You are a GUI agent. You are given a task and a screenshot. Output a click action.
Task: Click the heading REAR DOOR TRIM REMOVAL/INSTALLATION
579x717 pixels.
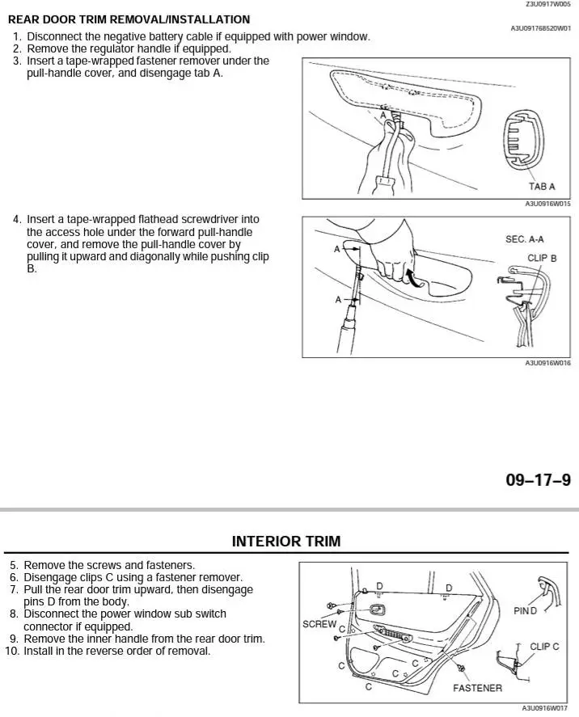pyautogui.click(x=129, y=19)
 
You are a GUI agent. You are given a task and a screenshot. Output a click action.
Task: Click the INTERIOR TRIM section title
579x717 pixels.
pyautogui.click(x=286, y=542)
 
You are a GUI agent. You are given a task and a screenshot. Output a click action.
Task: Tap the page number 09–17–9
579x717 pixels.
pyautogui.click(x=538, y=480)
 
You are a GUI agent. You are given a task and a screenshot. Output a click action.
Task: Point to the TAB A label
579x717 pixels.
pyautogui.click(x=542, y=187)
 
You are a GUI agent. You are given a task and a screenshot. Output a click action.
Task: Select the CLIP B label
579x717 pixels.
pyautogui.click(x=542, y=258)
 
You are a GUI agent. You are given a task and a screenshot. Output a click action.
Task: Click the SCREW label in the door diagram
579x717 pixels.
pyautogui.click(x=319, y=624)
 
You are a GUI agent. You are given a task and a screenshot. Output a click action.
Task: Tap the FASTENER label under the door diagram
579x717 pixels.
pyautogui.click(x=477, y=688)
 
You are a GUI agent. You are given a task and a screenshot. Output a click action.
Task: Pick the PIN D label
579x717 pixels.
pyautogui.click(x=526, y=611)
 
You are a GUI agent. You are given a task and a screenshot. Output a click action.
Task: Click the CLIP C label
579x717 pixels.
pyautogui.click(x=544, y=647)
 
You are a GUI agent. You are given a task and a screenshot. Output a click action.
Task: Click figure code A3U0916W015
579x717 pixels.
pyautogui.click(x=547, y=204)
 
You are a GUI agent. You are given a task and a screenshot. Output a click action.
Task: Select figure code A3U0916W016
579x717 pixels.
pyautogui.click(x=547, y=363)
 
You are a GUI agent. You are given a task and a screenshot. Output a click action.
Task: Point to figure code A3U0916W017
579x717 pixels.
pyautogui.click(x=545, y=708)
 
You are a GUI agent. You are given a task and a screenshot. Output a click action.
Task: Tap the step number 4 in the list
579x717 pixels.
pyautogui.click(x=16, y=219)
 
